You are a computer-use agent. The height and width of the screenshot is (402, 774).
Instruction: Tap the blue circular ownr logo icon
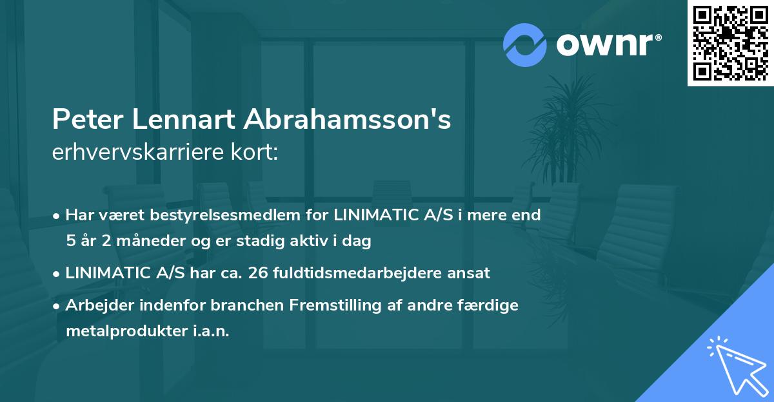tap(524, 44)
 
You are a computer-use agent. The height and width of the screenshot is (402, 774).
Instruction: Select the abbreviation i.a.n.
tap(210, 331)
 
